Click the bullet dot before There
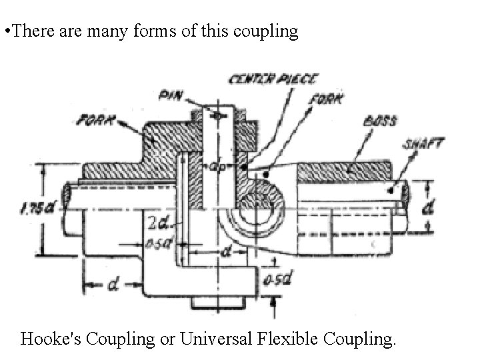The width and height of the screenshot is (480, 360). pos(5,32)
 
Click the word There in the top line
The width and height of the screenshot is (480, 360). pos(32,32)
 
